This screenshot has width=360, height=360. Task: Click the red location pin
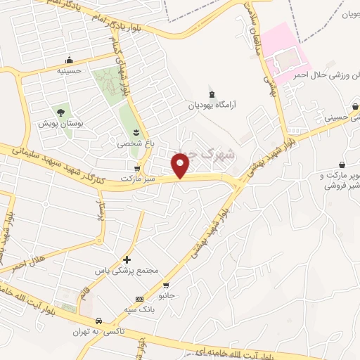(181, 165)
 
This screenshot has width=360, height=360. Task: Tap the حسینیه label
(70, 70)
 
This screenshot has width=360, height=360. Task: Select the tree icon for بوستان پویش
(60, 111)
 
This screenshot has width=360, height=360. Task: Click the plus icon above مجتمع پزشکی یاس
(127, 260)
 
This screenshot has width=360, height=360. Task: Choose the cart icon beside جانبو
(166, 285)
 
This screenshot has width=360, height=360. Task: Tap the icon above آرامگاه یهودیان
(212, 94)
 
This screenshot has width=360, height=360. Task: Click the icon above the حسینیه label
(69, 60)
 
